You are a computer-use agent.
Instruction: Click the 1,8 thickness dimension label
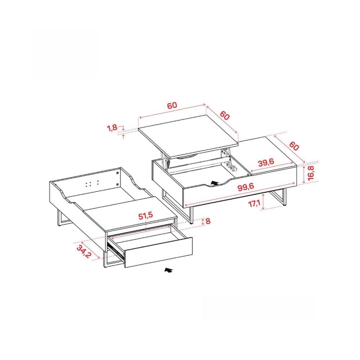[x=112, y=128]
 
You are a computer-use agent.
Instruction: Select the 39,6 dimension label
[x=266, y=163]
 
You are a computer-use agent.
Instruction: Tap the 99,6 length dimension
[x=246, y=187]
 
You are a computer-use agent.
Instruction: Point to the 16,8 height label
[x=311, y=172]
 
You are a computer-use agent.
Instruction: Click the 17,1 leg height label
[x=254, y=203]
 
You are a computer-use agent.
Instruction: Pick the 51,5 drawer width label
[x=145, y=216]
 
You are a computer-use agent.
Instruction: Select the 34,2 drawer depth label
[x=84, y=252]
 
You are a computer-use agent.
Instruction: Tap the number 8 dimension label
[x=208, y=221]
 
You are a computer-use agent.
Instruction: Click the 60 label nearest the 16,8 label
[x=294, y=146]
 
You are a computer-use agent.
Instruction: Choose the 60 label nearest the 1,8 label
[x=172, y=105]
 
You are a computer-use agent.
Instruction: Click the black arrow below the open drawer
[x=168, y=270]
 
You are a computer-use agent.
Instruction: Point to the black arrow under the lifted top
[x=215, y=183]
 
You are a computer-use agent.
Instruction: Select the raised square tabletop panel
[x=188, y=136]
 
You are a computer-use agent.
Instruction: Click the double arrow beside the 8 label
[x=203, y=221]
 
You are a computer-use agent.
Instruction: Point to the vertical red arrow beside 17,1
[x=263, y=202]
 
